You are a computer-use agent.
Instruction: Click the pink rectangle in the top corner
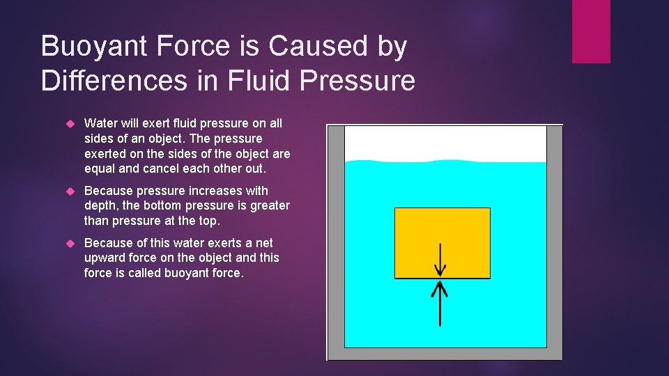591,31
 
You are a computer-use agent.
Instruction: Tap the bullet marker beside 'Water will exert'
69,124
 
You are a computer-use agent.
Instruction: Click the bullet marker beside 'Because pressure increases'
69,191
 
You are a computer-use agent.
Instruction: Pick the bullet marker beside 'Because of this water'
69,243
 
